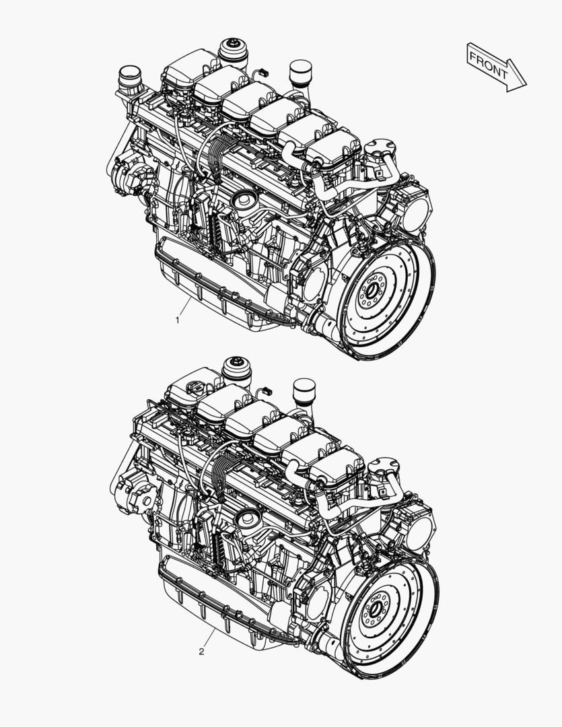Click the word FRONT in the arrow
tap(489, 65)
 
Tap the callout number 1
tap(177, 320)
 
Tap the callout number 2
tap(201, 652)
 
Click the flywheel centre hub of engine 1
tap(371, 291)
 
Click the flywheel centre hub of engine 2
tap(375, 609)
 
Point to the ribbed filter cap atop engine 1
tap(233, 51)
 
